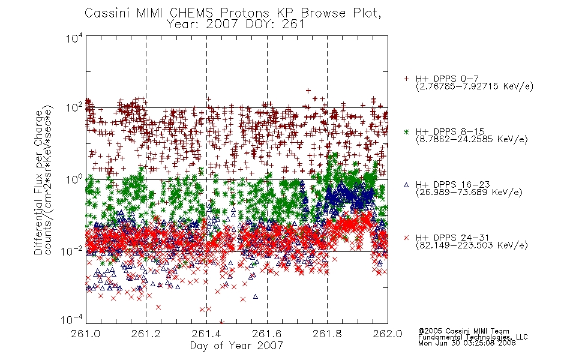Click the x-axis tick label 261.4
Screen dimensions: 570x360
click(x=206, y=334)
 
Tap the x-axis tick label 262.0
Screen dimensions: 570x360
click(x=388, y=334)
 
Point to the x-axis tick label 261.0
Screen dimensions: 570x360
click(x=86, y=334)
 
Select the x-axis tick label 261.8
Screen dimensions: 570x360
click(x=327, y=334)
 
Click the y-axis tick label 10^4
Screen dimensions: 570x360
click(x=74, y=38)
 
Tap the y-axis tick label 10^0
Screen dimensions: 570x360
click(x=74, y=179)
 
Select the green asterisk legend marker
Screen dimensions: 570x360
click(x=406, y=132)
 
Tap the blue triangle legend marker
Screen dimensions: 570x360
click(x=406, y=185)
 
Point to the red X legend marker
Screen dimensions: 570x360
click(x=406, y=238)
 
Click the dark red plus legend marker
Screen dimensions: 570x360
click(x=406, y=79)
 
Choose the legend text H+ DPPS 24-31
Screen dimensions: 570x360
click(x=452, y=238)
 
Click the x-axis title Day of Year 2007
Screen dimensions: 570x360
click(x=236, y=346)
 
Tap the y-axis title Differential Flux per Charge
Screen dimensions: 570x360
click(x=39, y=182)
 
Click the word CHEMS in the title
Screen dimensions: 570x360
click(x=191, y=13)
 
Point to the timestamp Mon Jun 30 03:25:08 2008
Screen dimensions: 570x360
click(x=467, y=343)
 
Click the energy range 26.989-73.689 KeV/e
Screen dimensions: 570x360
click(x=469, y=192)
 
